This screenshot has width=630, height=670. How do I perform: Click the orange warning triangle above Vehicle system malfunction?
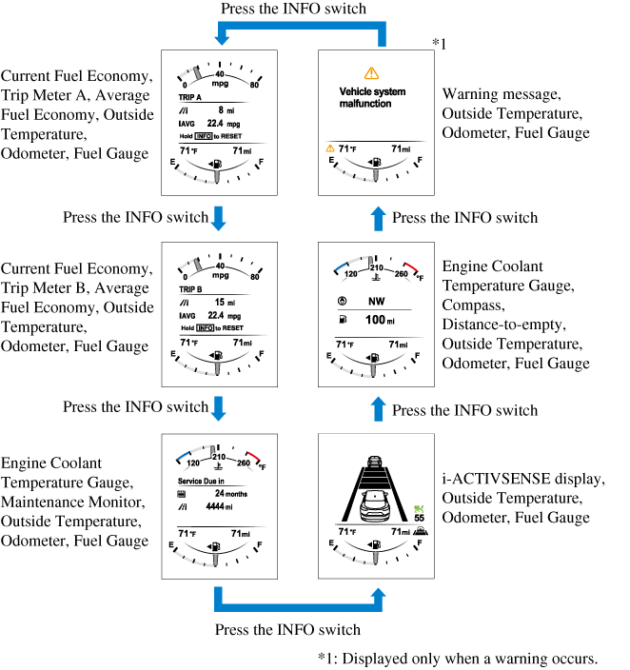coord(371,72)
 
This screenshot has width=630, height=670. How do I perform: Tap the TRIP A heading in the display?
coord(191,97)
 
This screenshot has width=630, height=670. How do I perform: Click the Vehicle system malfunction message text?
coord(372,97)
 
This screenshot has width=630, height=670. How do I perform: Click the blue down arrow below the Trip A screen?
coord(219,217)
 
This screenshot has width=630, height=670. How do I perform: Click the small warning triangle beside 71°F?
coord(330,149)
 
